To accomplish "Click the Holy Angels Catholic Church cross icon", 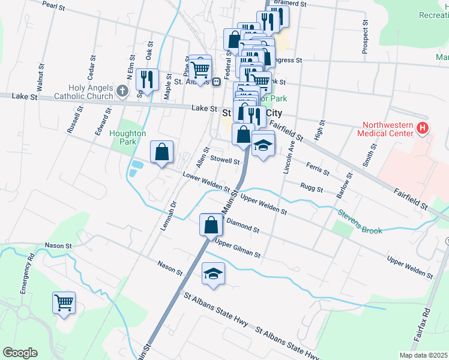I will tap(122, 91).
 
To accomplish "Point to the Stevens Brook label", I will tap(359, 221).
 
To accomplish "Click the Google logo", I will tap(20, 352).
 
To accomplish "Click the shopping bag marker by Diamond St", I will tap(211, 225).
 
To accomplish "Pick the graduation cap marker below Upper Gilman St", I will tap(213, 274).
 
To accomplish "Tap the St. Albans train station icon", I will tap(215, 82).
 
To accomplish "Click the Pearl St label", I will tap(54, 5).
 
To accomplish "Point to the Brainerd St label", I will tap(290, 4).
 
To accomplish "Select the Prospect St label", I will tap(365, 36).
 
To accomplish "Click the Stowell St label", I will tap(224, 161).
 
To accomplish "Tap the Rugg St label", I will tap(312, 188).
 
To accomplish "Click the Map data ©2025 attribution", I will tap(423, 355).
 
